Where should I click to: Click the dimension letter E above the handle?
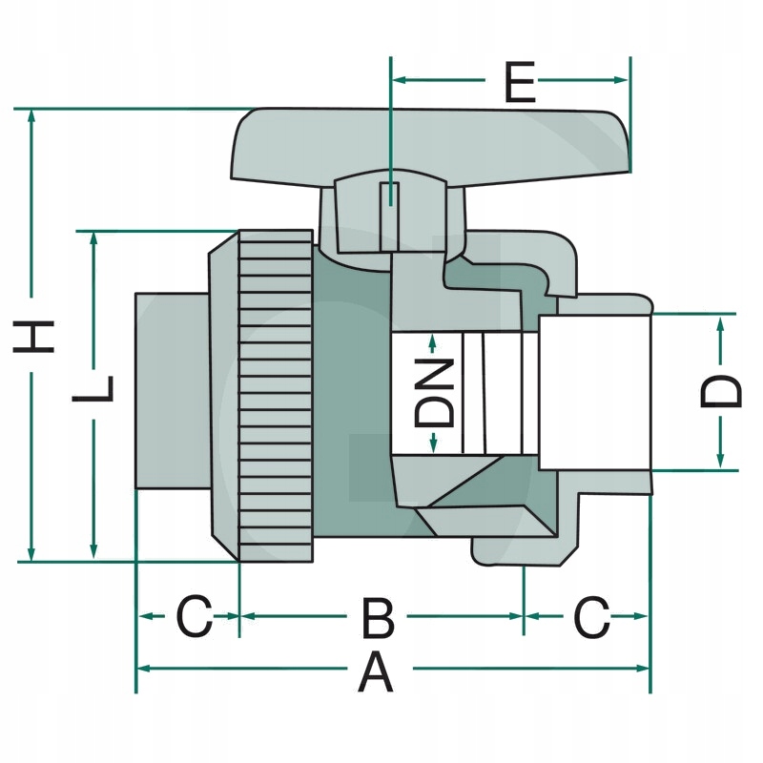(x=520, y=82)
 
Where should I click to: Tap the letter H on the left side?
(x=33, y=336)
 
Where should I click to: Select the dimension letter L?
(x=93, y=389)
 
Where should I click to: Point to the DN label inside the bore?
(x=434, y=392)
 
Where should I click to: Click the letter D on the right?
(x=721, y=391)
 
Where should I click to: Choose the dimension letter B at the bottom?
(x=379, y=618)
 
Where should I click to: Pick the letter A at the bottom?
(x=375, y=673)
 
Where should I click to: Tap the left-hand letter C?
(x=195, y=617)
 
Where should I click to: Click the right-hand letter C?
(x=592, y=617)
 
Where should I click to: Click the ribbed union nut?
(x=276, y=396)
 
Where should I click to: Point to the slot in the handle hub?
(x=390, y=217)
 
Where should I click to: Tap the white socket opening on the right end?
(x=594, y=393)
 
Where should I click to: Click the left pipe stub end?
(x=173, y=391)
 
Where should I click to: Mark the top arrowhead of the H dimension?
(x=31, y=115)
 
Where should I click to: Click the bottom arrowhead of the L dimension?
(x=93, y=551)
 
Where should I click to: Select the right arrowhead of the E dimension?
(x=621, y=80)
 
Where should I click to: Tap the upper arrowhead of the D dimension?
(x=721, y=322)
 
